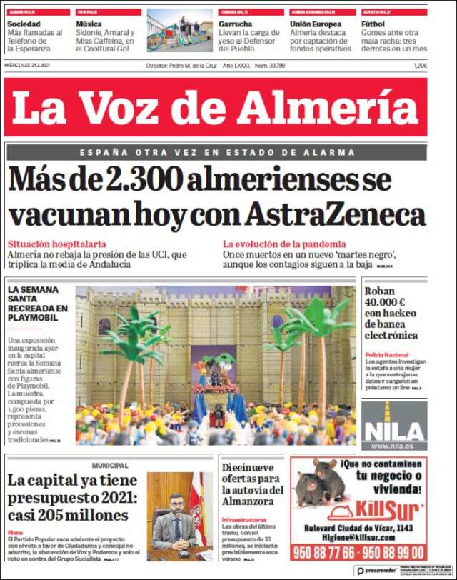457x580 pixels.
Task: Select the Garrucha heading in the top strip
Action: (236, 24)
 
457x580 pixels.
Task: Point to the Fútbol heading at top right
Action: (374, 24)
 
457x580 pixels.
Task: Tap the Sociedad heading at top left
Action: (24, 24)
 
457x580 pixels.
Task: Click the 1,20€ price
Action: (420, 66)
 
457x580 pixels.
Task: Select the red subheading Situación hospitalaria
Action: (57, 244)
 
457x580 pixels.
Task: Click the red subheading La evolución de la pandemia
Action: (284, 244)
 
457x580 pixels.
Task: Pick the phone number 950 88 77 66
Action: (323, 552)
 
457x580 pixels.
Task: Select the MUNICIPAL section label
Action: (110, 465)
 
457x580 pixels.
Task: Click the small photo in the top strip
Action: (179, 30)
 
